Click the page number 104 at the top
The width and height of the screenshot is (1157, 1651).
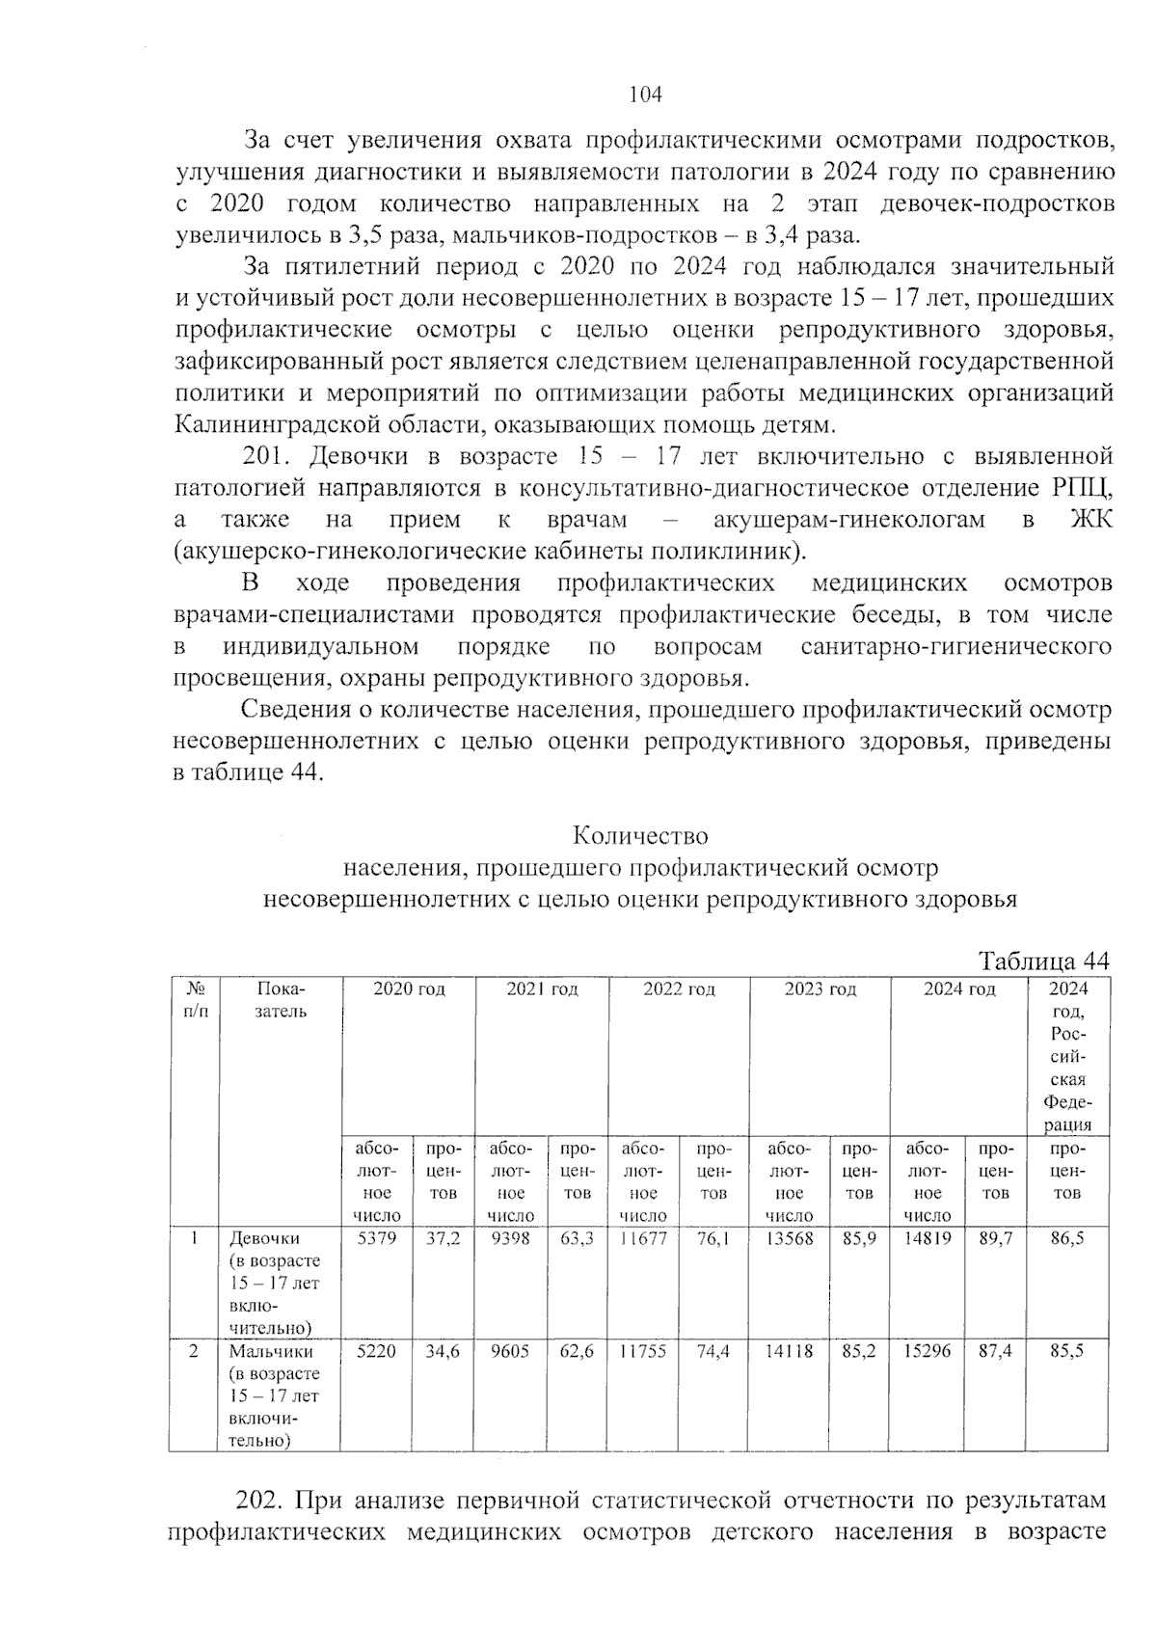645,95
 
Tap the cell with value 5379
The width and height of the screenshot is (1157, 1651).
376,1238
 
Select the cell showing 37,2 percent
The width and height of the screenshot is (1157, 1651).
443,1238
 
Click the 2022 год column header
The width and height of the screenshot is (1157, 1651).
679,989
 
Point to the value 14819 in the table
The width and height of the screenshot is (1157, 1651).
927,1238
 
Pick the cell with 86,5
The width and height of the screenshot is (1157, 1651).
1066,1238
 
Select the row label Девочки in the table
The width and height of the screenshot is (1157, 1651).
264,1238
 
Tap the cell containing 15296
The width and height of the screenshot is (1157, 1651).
927,1352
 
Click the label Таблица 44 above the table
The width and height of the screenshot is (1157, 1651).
1044,961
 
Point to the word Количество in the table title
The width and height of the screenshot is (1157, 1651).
640,834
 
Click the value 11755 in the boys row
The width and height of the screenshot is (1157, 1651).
642,1352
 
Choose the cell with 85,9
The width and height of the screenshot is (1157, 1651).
859,1238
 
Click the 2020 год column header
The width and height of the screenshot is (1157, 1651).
409,989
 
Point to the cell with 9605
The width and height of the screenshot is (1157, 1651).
510,1352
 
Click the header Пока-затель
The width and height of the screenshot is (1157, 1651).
281,1000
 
